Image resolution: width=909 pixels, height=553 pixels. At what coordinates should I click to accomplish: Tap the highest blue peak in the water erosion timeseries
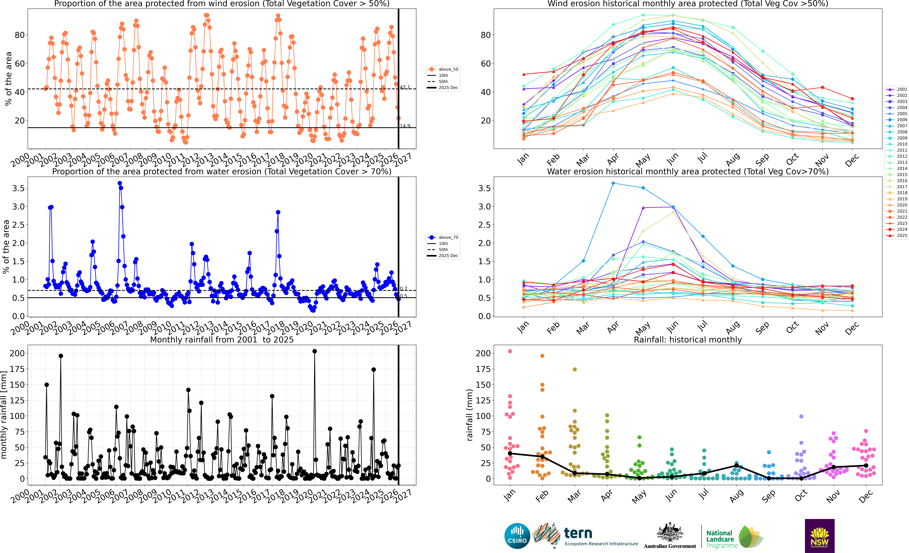(x=119, y=183)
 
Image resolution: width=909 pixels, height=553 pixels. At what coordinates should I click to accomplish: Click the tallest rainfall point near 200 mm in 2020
(x=314, y=351)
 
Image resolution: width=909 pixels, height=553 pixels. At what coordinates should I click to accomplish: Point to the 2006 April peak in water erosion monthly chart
(x=613, y=183)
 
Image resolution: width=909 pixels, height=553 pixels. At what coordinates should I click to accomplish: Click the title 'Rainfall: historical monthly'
(x=688, y=340)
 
